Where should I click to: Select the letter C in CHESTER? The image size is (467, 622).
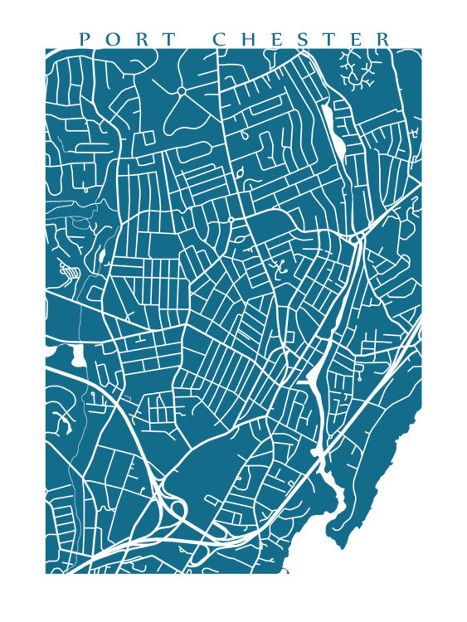click(220, 39)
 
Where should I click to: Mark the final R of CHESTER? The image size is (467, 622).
click(384, 39)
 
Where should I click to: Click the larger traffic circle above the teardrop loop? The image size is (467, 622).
click(181, 91)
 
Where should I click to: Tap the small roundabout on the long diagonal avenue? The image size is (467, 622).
click(231, 220)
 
